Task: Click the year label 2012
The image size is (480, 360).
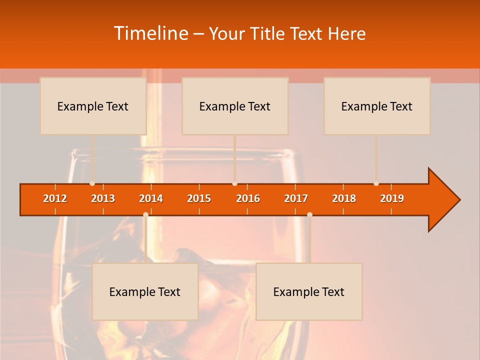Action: pos(55,198)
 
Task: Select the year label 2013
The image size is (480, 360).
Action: pos(103,198)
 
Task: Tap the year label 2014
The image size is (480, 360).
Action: pos(151,198)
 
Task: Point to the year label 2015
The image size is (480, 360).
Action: pos(199,198)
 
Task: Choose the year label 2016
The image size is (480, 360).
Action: pos(248,198)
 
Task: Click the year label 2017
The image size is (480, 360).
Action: pos(296,198)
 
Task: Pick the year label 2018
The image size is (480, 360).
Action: pos(344,198)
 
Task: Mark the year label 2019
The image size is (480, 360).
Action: pos(392,198)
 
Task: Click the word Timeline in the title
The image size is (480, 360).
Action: pos(150,33)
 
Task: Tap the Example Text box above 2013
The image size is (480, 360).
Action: pos(93,106)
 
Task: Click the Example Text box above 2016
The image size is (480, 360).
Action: pos(235,106)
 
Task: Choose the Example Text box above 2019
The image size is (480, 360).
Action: pos(377,106)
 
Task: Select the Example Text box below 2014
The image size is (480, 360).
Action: pos(145,291)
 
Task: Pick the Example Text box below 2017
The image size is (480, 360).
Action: pos(309,291)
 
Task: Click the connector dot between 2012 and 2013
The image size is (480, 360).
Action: pos(92,183)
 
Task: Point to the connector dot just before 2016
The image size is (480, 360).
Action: pos(234,183)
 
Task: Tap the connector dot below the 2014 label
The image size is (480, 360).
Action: pos(145,214)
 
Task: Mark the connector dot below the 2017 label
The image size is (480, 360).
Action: pos(309,214)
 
